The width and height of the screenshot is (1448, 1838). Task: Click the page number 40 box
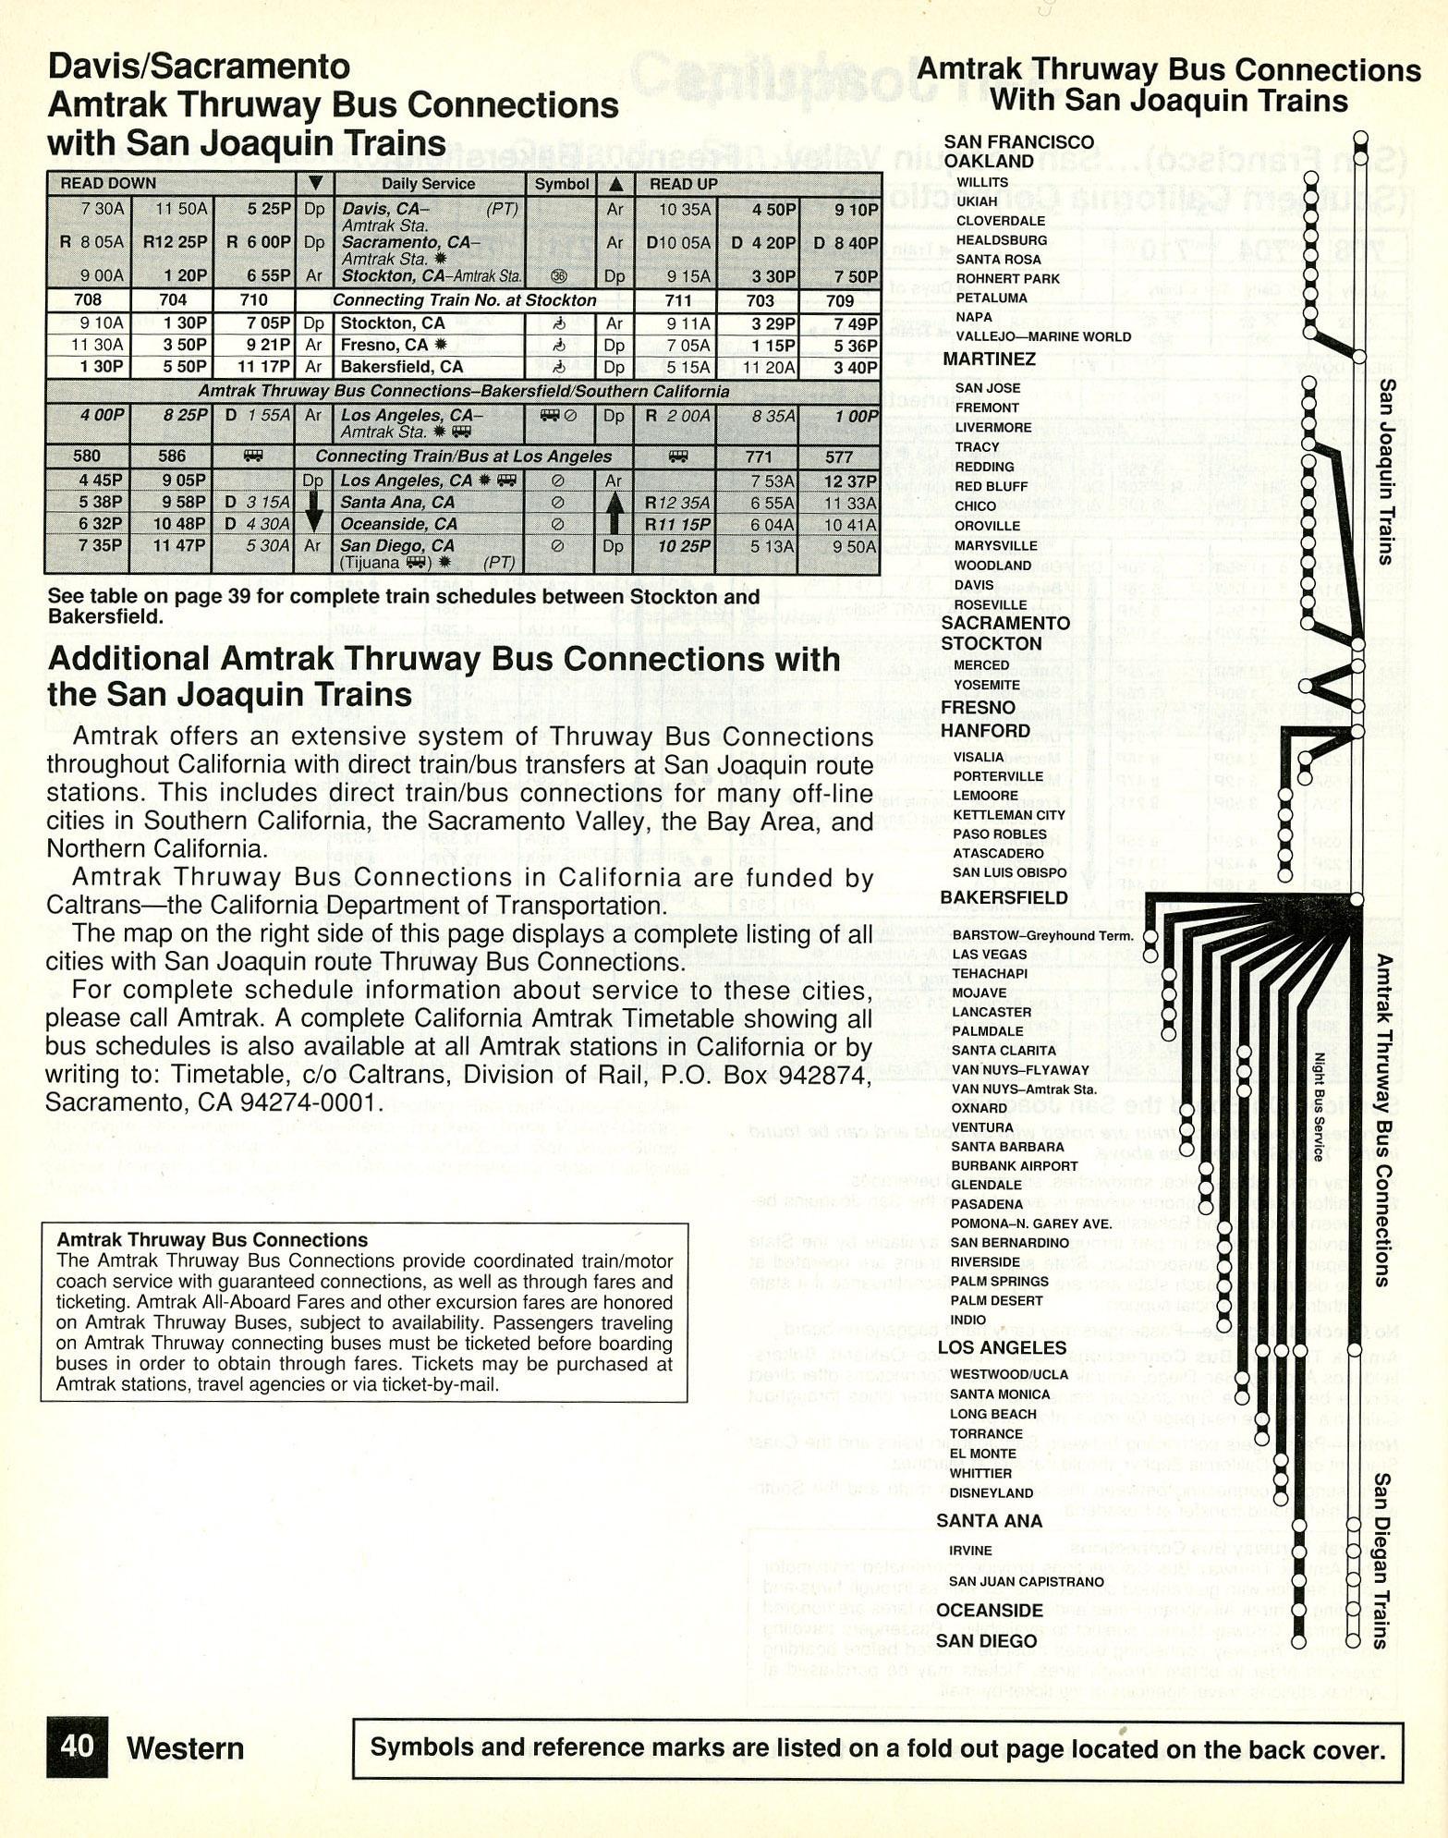77,1746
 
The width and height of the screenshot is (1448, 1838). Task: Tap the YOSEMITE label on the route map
987,685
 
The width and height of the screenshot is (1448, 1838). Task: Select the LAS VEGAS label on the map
989,954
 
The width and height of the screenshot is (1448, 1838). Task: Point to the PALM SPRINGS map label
999,1281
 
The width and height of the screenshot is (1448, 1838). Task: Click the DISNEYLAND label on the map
992,1492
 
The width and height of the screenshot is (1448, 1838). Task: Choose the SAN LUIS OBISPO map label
1009,872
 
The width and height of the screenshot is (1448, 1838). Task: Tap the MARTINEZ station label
989,359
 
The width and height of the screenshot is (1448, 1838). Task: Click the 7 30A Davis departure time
102,209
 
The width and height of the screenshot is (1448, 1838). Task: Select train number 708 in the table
89,299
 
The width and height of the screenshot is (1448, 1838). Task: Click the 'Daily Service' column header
428,184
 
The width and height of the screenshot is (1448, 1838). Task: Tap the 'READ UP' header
683,184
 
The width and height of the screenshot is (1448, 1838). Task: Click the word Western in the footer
185,1748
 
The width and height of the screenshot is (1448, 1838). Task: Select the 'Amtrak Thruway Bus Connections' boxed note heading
212,1240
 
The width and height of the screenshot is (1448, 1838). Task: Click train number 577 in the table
838,456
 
